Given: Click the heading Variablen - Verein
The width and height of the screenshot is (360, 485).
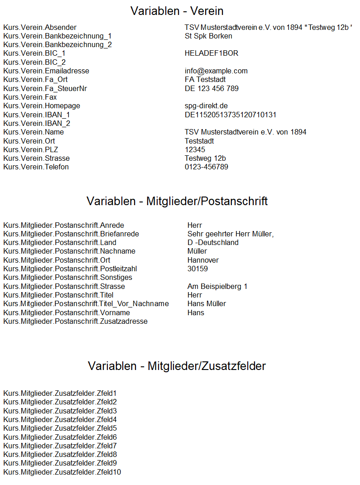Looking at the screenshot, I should click(177, 11).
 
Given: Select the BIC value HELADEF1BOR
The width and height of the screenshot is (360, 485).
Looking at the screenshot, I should click(211, 53).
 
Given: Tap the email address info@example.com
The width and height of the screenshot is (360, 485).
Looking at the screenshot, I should click(216, 71).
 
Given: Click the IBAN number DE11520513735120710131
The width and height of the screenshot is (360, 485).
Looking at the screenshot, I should click(230, 115).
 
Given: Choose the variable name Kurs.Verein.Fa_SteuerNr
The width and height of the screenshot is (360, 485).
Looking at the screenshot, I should click(45, 89).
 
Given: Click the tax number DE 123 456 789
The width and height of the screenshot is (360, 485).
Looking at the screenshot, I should click(211, 89).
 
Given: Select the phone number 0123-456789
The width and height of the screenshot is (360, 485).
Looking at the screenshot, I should click(206, 167).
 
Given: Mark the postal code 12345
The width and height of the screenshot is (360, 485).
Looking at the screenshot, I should click(195, 150).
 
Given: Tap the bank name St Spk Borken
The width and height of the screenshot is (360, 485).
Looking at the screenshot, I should click(208, 36).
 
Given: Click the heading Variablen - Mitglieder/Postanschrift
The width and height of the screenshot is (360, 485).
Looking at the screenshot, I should click(177, 201).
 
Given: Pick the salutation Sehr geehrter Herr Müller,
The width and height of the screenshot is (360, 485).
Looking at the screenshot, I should click(230, 234).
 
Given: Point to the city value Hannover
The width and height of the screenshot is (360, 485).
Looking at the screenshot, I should click(203, 260).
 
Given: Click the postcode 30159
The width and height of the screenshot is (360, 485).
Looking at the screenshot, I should click(197, 269).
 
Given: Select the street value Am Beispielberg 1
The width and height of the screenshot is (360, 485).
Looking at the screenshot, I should click(217, 287).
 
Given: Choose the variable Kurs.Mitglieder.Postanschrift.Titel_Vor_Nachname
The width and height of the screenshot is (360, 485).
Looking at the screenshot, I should click(86, 304).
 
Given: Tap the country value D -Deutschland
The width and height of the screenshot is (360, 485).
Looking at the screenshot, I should click(213, 243).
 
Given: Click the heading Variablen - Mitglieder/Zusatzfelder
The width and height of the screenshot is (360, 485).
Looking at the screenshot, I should click(177, 366).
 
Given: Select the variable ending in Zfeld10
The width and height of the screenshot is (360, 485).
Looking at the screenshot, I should click(62, 472).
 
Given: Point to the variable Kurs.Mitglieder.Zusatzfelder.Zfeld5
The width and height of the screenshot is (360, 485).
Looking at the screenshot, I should click(60, 428).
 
